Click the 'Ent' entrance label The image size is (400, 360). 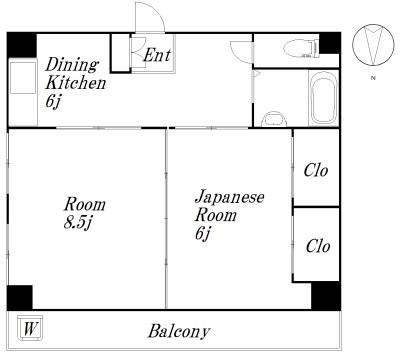[x=157, y=55]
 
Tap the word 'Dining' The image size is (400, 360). [x=72, y=65]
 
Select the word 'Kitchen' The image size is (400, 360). [x=76, y=83]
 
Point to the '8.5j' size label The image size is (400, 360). [x=77, y=223]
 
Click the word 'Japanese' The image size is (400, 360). [x=230, y=198]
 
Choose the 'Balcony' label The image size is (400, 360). [x=179, y=332]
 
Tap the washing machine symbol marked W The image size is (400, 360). [x=30, y=328]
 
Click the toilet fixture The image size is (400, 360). [x=301, y=48]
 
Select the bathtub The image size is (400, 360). [x=323, y=98]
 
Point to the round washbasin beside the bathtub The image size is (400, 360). [x=274, y=119]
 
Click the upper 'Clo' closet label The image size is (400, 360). [x=316, y=170]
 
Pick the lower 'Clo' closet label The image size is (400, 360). [x=318, y=246]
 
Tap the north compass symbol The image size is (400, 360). [x=373, y=45]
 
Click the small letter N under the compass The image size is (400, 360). [x=373, y=78]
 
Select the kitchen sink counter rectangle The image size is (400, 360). [x=23, y=78]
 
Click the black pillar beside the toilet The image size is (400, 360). [x=330, y=43]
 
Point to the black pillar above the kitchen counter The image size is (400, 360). [x=22, y=45]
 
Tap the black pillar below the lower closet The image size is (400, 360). [x=326, y=295]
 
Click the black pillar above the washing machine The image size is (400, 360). [x=20, y=297]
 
